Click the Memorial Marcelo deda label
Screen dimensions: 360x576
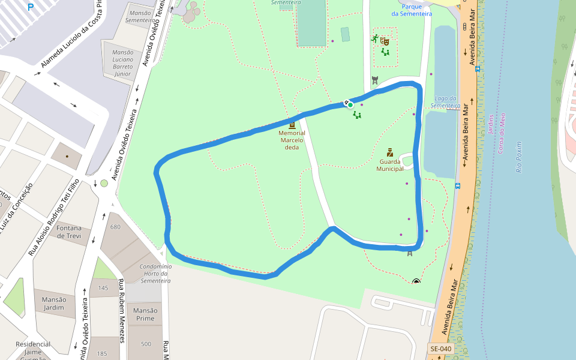(x=292, y=140)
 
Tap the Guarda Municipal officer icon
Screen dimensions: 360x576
(x=389, y=152)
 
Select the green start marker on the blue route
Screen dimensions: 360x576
(x=350, y=105)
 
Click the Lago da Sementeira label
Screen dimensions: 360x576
(x=445, y=102)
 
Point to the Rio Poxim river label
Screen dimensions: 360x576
(x=519, y=157)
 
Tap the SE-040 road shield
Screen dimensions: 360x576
(x=440, y=349)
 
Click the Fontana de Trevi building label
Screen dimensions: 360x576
(x=69, y=232)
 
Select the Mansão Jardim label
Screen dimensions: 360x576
(x=53, y=303)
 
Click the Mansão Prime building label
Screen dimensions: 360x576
(x=145, y=314)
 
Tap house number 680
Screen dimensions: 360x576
(x=115, y=227)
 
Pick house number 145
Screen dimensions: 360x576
(x=103, y=288)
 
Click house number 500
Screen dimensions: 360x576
(x=146, y=344)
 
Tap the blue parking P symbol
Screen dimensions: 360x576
(x=31, y=7)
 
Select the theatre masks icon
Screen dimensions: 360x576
(x=385, y=41)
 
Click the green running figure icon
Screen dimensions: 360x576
(x=376, y=39)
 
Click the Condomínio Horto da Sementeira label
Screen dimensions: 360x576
(x=155, y=274)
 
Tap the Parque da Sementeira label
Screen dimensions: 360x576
(x=412, y=10)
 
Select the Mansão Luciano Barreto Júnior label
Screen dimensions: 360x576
(x=122, y=64)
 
